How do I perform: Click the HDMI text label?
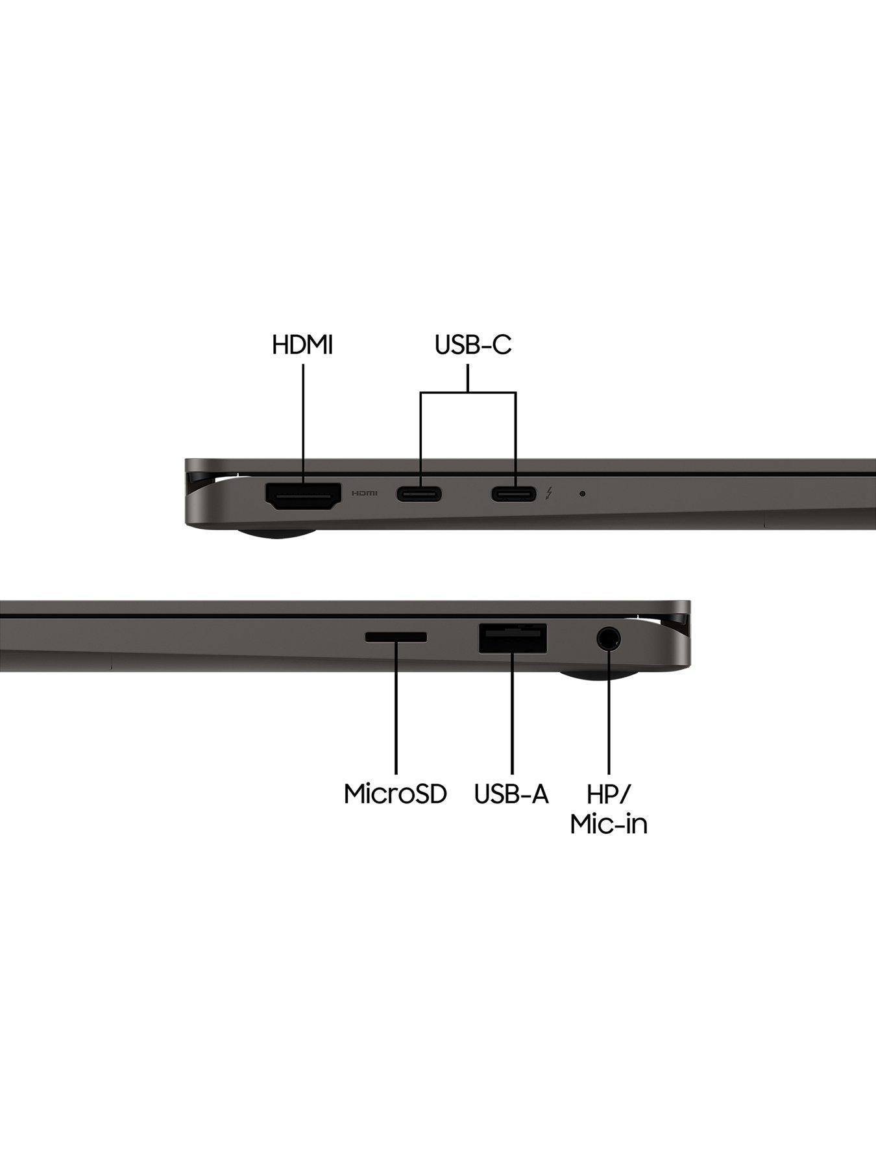click(x=302, y=345)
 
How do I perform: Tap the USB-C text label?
click(x=473, y=345)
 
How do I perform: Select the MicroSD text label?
click(x=395, y=794)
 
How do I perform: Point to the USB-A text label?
click(x=511, y=794)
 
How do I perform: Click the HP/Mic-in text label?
click(x=609, y=809)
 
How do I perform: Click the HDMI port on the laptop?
click(x=303, y=496)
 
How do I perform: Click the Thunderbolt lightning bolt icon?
click(x=550, y=494)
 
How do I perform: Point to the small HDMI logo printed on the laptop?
click(x=364, y=494)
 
